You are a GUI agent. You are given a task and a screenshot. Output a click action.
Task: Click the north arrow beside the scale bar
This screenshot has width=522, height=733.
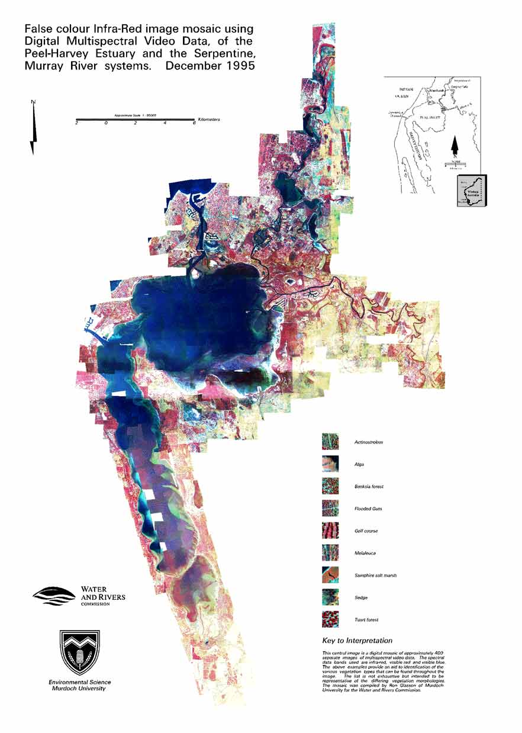pos(34,128)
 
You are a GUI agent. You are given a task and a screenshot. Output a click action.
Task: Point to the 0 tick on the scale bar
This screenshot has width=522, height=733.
pos(106,123)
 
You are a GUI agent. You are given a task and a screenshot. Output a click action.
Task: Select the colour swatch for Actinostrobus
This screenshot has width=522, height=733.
pos(330,442)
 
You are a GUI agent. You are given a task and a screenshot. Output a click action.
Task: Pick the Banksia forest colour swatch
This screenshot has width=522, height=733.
pos(330,486)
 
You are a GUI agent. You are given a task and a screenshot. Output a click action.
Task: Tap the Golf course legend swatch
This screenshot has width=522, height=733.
pos(330,531)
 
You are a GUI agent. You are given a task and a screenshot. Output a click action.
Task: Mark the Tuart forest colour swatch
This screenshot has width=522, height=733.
pos(330,619)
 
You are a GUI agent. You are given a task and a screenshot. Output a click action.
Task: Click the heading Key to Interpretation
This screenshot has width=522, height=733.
pos(357,641)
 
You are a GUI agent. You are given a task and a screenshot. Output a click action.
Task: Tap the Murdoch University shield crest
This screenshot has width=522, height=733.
pos(80,653)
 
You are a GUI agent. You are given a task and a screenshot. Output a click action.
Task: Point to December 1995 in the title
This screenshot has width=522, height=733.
pos(210,66)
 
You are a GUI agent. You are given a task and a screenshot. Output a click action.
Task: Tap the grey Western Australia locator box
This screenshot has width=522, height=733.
pos(471,191)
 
